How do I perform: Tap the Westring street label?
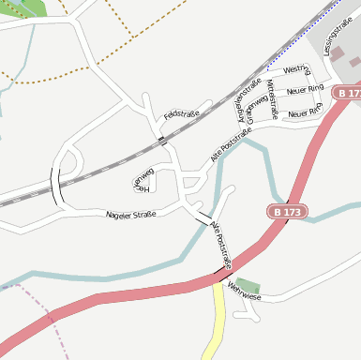pos(296,70)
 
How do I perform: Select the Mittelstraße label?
pos(273,99)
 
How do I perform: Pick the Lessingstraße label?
pos(339,37)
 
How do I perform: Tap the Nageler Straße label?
pos(131,215)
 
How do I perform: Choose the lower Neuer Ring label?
pos(306,113)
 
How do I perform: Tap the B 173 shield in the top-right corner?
pos(349,94)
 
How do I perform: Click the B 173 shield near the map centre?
pos(288,213)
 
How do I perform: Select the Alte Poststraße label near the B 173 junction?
pos(222,246)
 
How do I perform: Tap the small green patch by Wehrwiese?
pos(248,284)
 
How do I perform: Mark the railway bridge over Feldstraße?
pos(161,140)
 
